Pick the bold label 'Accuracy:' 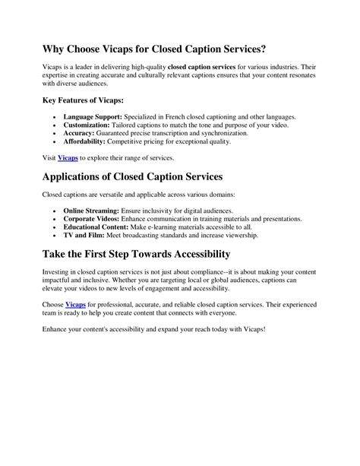[81, 132]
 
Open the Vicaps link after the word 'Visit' [68, 157]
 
